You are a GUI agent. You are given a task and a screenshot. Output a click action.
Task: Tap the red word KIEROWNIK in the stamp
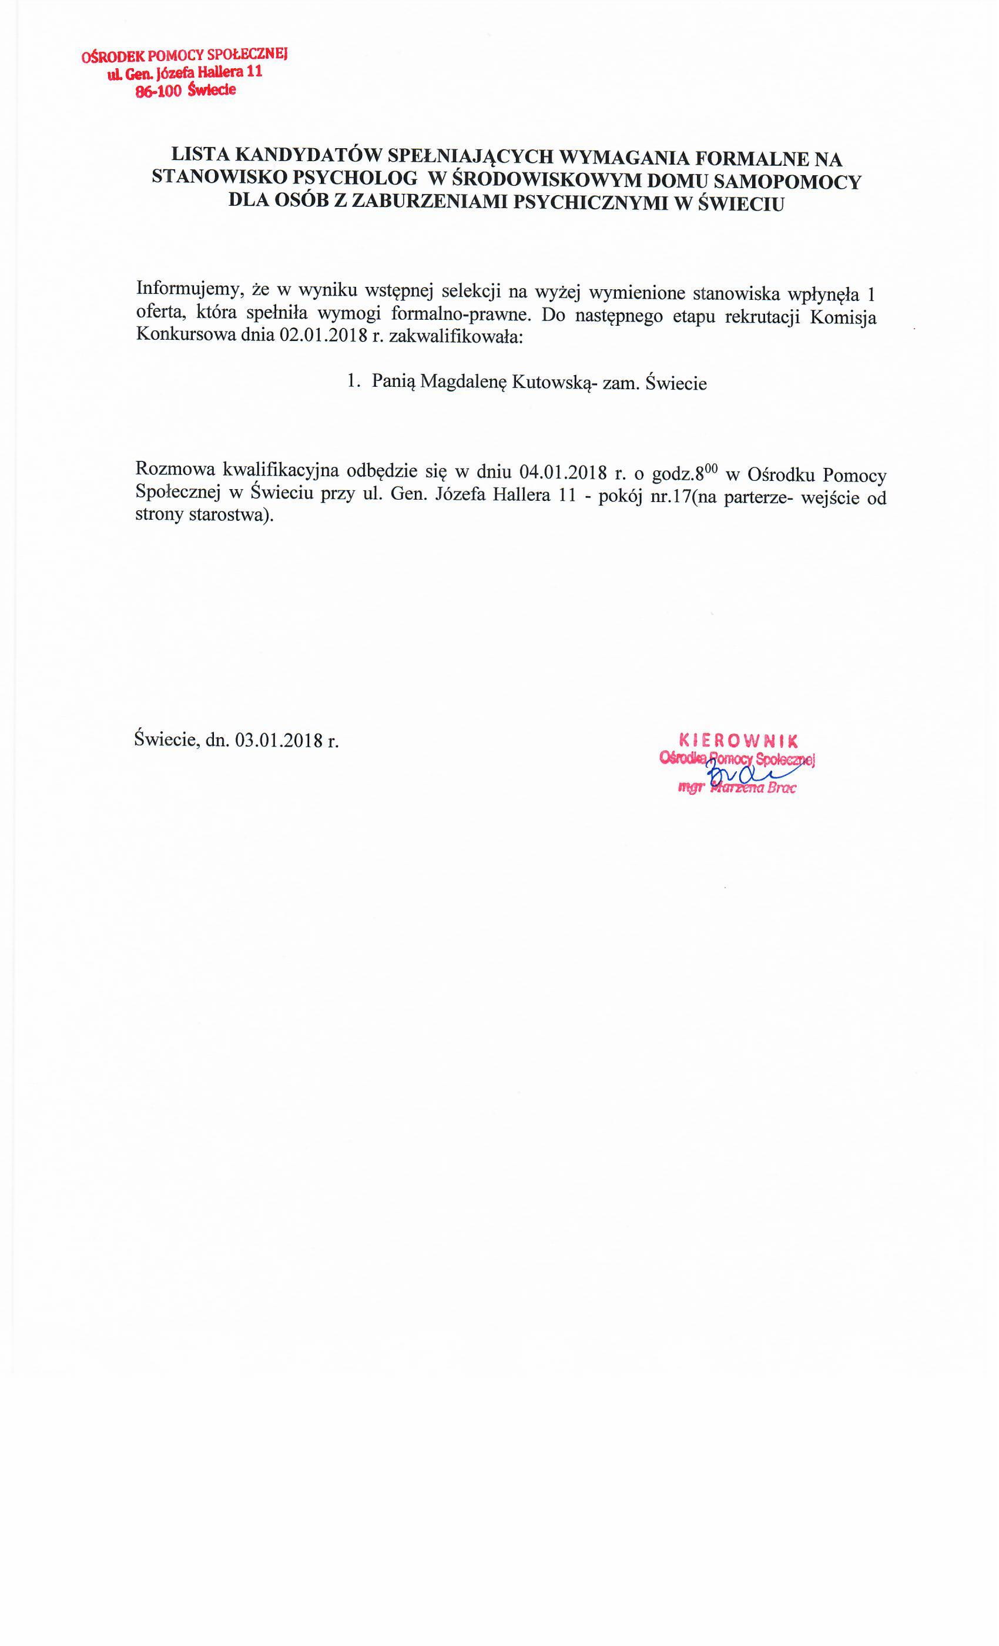coord(739,740)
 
